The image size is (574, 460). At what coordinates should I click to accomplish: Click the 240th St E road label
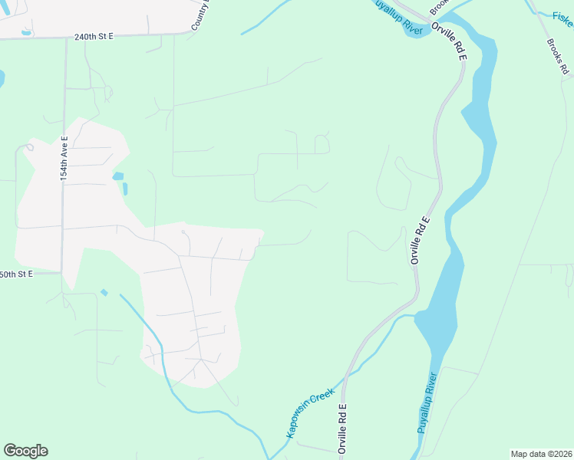[94, 36]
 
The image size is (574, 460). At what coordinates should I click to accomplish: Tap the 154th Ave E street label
[65, 159]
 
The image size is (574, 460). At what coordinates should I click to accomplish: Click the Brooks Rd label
[557, 57]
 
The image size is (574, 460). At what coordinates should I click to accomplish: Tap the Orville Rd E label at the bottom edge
[342, 429]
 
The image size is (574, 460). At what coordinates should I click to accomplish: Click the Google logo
[25, 451]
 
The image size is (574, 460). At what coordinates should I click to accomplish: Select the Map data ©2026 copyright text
[541, 454]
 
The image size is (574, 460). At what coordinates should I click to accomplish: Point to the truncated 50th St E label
[16, 274]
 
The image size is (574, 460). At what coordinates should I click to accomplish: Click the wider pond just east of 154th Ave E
[117, 176]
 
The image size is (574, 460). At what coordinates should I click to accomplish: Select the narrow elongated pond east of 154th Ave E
[125, 188]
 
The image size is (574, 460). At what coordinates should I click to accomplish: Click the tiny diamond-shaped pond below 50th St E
[104, 292]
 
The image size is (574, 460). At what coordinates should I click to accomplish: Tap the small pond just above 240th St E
[27, 32]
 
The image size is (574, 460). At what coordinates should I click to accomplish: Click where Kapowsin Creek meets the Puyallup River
[414, 314]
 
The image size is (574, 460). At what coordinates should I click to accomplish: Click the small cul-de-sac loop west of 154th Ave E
[30, 146]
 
